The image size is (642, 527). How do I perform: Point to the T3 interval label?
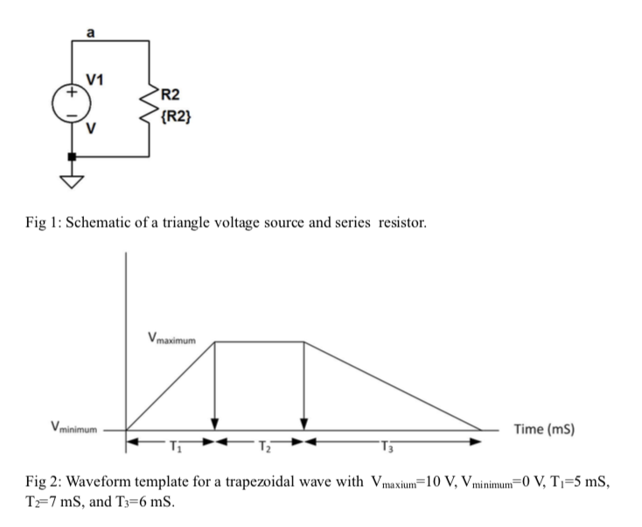coord(390,443)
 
